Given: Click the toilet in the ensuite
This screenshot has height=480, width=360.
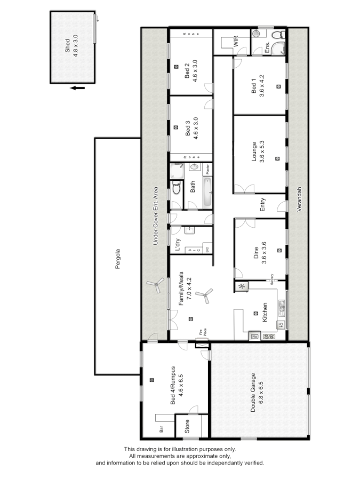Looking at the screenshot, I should (276, 36).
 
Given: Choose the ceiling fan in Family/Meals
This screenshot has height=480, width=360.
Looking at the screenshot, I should (204, 295).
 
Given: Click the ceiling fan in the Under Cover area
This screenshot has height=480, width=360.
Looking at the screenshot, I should (156, 285).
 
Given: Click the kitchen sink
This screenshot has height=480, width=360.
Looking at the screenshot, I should (281, 308).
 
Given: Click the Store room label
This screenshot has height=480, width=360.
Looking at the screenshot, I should (187, 426).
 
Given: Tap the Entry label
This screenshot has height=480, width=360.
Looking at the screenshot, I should (262, 205).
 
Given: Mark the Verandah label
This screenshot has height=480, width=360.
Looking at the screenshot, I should (300, 199).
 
